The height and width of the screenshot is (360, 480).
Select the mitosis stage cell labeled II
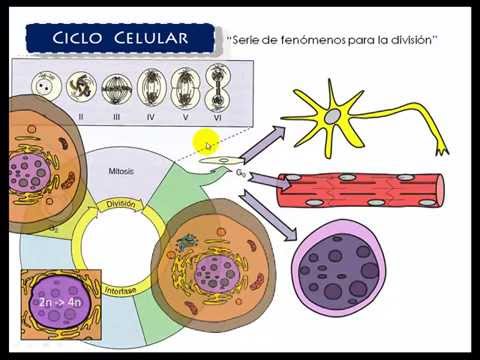[81, 87]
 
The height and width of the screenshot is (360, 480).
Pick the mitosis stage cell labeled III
[116, 87]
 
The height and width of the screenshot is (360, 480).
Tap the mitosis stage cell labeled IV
[151, 87]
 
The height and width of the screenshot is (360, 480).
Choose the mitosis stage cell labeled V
[184, 87]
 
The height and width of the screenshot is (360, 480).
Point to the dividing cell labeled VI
[218, 86]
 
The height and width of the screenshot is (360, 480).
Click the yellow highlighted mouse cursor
[205, 144]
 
